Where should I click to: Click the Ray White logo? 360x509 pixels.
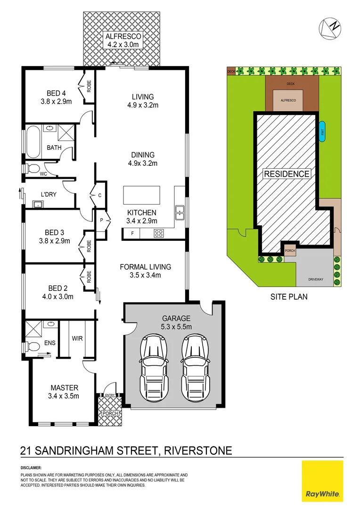[322, 481]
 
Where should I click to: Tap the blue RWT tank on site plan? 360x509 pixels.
[322, 132]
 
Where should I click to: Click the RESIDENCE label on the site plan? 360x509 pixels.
[286, 174]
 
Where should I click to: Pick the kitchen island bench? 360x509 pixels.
[141, 195]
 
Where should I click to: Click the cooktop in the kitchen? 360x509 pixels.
[158, 233]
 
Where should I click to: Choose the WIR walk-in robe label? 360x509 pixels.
[77, 338]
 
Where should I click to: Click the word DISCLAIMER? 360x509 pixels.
[31, 468]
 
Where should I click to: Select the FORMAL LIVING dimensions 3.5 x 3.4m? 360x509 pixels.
[145, 276]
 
